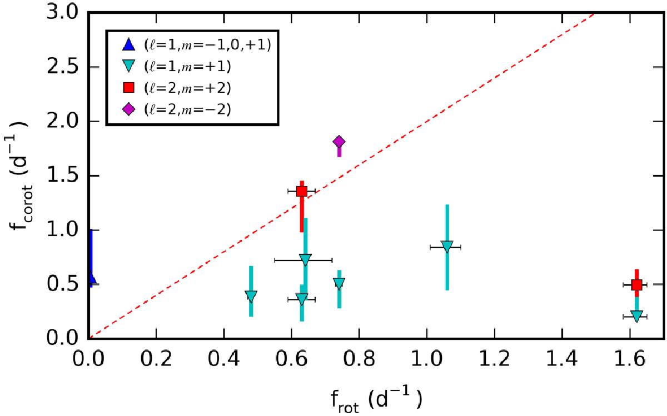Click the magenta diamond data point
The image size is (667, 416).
[339, 142]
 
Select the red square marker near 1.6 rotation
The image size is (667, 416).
[636, 285]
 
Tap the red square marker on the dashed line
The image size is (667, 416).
[302, 191]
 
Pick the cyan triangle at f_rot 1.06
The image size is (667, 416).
[447, 247]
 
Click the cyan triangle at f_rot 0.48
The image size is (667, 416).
[251, 297]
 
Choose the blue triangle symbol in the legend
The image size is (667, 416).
[128, 44]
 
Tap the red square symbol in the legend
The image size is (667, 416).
[128, 88]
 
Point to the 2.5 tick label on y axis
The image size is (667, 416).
[63, 67]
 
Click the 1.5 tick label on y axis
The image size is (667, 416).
[63, 176]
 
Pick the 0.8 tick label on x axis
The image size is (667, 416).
[360, 359]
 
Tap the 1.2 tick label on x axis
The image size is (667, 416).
[495, 359]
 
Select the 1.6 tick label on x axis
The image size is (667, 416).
[630, 359]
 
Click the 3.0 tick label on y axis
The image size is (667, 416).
[63, 13]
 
